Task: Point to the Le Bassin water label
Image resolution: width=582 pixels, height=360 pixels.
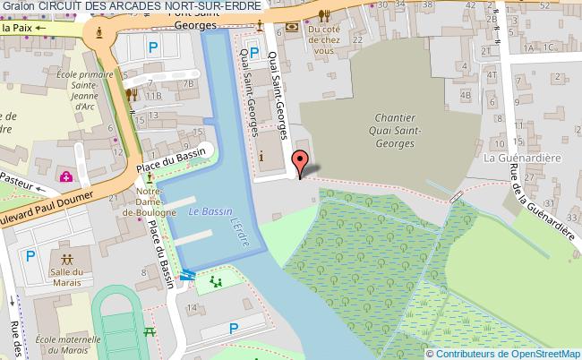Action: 204,212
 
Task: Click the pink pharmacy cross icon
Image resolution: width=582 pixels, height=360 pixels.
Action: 66,176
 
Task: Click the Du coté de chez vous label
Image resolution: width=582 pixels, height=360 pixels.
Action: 324,41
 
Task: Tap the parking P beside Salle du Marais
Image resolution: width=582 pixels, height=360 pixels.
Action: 30,255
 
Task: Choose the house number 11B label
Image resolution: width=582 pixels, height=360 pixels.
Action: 154,95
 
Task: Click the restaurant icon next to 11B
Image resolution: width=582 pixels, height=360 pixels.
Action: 132,93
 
